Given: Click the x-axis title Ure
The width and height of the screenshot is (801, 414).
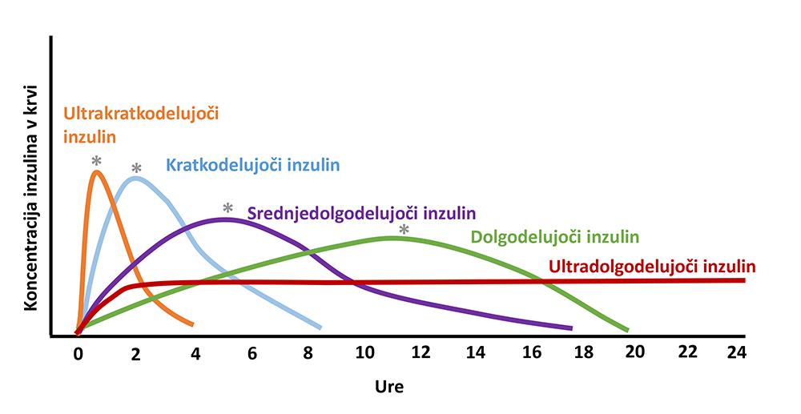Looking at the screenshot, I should tap(389, 388).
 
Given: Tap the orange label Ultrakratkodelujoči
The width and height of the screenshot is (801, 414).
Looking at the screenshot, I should tap(141, 113).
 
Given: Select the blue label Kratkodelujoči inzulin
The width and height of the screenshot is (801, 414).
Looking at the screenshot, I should tap(253, 166).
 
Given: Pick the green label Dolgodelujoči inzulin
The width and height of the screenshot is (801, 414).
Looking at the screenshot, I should tap(555, 237).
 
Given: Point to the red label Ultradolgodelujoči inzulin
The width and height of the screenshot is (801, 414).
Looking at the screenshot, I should tap(653, 266).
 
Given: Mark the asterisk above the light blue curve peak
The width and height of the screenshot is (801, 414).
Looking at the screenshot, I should tap(136, 168).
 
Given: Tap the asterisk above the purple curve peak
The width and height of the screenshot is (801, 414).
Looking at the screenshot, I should tap(227, 208).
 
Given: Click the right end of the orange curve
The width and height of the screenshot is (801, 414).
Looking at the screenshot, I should tap(192, 324).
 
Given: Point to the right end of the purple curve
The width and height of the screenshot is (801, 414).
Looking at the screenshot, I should tap(571, 328).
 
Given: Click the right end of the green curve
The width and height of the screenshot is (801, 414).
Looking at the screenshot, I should tap(627, 329).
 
